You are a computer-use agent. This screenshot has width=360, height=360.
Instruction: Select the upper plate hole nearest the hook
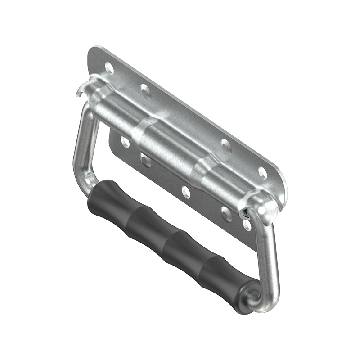coord(109,67)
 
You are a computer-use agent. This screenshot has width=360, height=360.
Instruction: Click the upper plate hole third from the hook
coord(226,144)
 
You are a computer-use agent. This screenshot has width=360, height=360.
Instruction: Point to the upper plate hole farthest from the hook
coord(262,172)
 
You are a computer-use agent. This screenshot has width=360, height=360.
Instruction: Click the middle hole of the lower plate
coord(186,192)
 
